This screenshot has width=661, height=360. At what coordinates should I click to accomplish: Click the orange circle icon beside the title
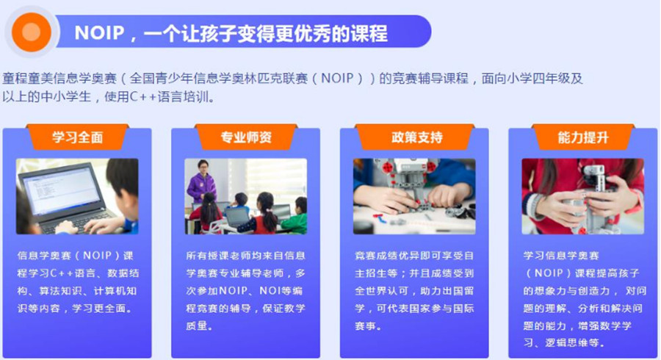click(31, 32)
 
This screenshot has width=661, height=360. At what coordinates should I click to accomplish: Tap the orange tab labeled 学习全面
click(77, 137)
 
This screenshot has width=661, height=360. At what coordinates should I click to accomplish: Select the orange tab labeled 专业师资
click(246, 137)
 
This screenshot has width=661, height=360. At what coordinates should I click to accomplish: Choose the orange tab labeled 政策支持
click(415, 137)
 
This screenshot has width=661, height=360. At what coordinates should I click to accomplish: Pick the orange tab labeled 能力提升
click(584, 137)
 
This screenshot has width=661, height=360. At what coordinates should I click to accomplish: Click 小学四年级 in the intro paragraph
click(543, 78)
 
